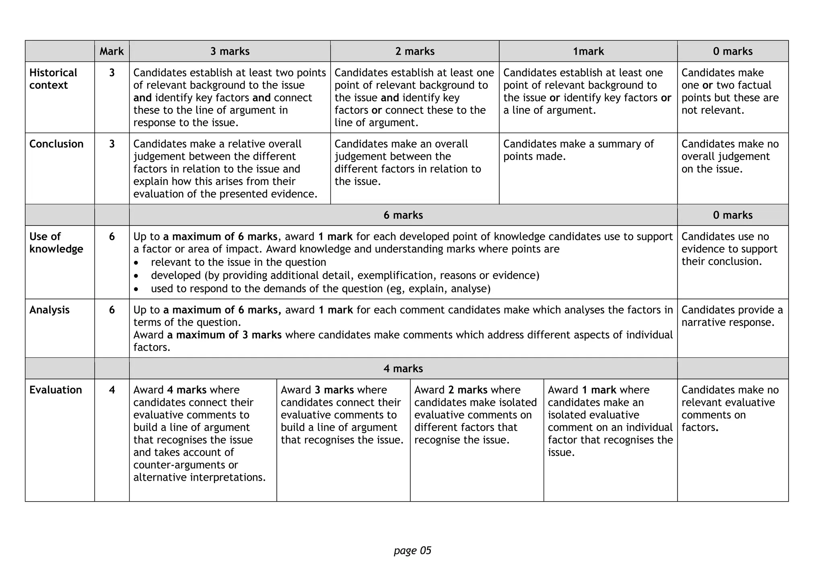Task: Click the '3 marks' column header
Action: [x=230, y=51]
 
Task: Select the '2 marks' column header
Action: [x=415, y=51]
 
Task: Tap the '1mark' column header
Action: [x=588, y=51]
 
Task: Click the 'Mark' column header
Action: [x=112, y=51]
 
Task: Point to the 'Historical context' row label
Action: [x=53, y=79]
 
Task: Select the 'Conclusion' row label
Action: [x=56, y=144]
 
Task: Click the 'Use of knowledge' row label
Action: [x=56, y=243]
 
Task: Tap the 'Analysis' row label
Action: [x=49, y=310]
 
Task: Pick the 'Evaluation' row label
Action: [x=56, y=390]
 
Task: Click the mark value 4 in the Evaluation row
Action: [x=112, y=390]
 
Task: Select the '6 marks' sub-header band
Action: [x=403, y=215]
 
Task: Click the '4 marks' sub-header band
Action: [x=403, y=369]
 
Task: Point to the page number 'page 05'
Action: [x=412, y=550]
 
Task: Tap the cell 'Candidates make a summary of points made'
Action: [x=578, y=150]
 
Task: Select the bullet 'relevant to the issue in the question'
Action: [x=238, y=262]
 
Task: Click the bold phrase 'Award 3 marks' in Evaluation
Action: [x=317, y=390]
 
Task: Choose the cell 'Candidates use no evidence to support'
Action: [x=729, y=249]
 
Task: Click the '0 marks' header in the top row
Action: [x=733, y=51]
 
